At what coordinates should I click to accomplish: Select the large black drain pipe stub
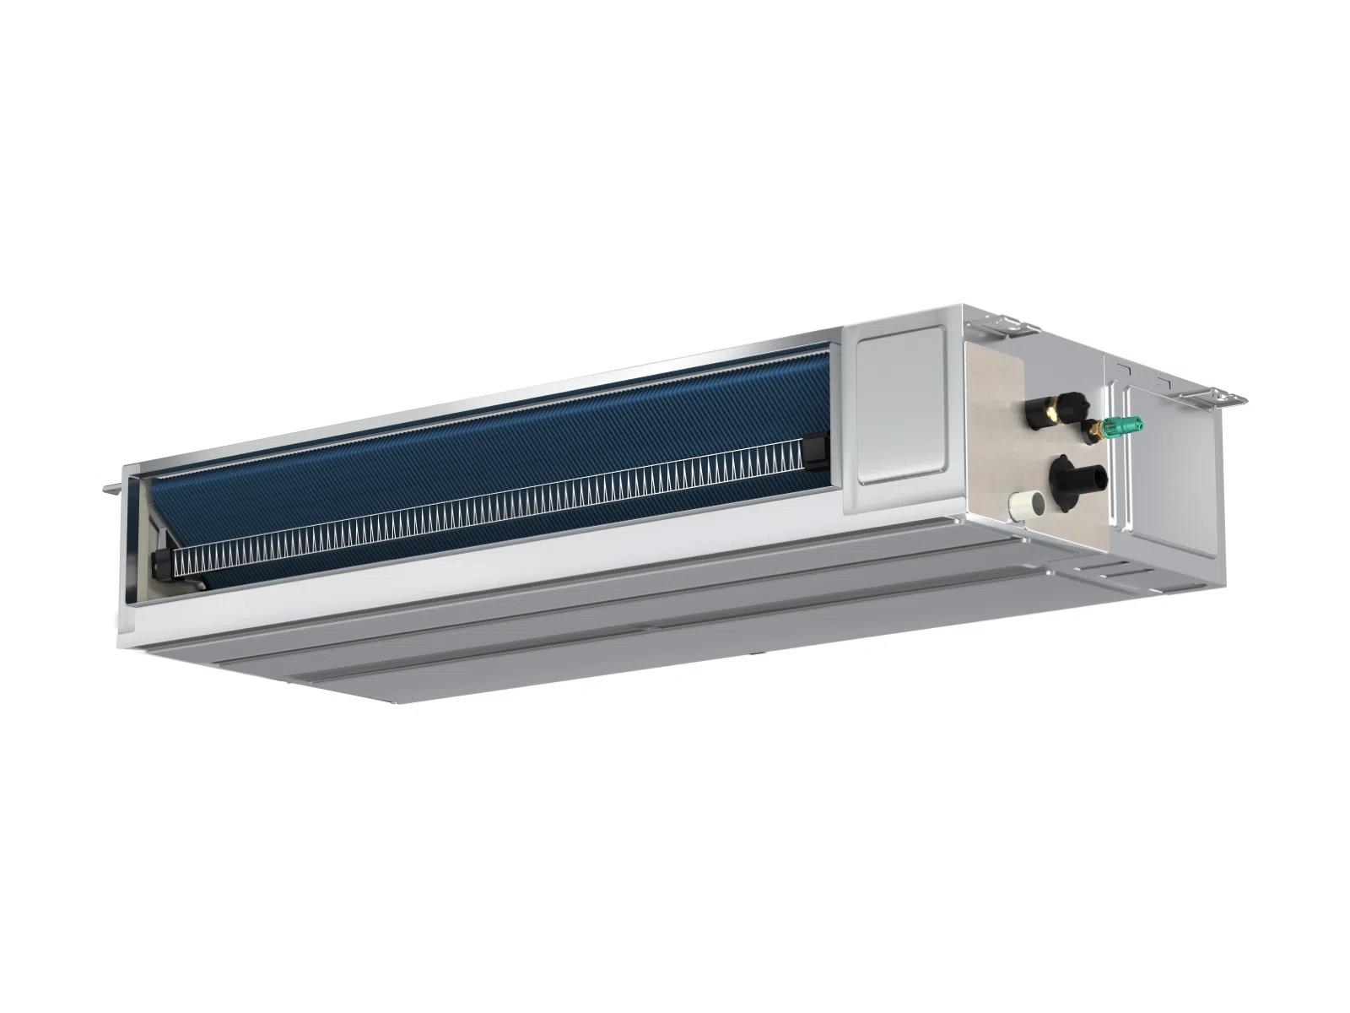pos(1088,478)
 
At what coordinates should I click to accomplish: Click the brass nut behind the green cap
pos(1095,431)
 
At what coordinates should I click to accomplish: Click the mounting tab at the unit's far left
pos(112,487)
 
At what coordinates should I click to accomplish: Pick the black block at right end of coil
pos(816,448)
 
